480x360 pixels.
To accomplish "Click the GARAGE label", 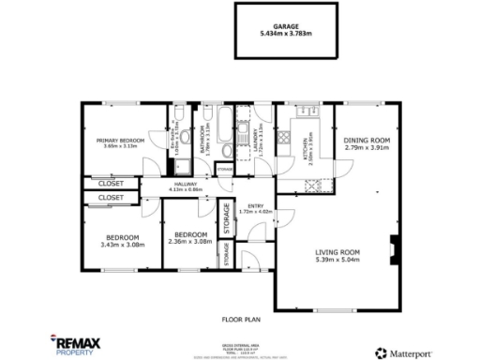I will click(285, 28).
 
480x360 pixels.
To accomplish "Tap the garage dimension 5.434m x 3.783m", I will click(285, 35).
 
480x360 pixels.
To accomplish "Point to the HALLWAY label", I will click(190, 184).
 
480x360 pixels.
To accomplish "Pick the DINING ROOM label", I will click(367, 141).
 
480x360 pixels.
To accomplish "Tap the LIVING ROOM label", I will click(337, 252).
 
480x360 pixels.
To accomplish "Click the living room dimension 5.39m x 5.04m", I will click(337, 260).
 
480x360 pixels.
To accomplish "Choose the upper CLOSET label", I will click(112, 184).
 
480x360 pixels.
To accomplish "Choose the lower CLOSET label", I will click(112, 199).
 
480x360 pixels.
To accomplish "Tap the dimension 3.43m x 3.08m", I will click(122, 245).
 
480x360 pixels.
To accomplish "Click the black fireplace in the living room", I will click(396, 246).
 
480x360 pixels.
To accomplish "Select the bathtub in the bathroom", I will click(226, 119).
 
